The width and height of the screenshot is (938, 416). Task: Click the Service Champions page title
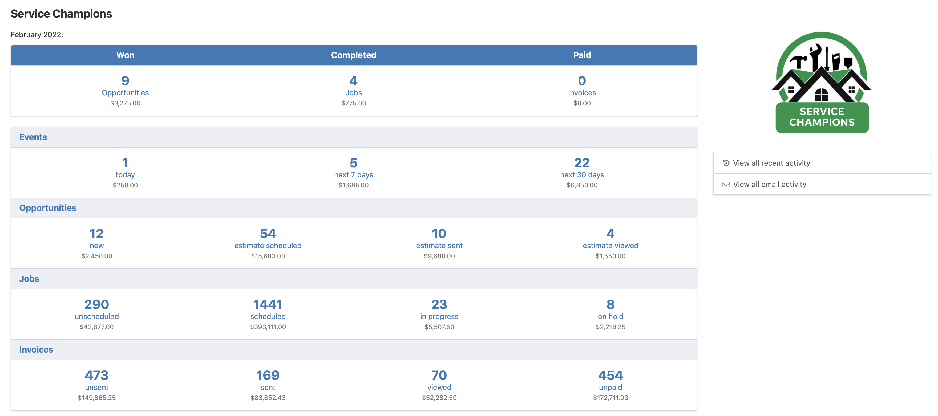61,14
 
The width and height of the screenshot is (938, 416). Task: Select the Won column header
125,55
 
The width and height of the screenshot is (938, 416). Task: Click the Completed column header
353,55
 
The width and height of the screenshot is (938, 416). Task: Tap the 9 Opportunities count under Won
125,80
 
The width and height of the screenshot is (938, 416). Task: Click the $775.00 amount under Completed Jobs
353,103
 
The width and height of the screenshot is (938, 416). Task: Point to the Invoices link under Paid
581,93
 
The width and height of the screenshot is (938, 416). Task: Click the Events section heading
33,137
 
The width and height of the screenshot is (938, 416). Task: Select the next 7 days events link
353,175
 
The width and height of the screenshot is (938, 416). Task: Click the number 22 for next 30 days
581,162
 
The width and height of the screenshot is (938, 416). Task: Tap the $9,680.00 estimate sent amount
439,256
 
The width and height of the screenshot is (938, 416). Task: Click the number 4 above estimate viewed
610,233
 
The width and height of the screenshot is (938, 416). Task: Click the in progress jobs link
439,316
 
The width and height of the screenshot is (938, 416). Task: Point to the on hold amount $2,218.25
610,327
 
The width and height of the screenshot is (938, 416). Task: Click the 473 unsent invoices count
96,375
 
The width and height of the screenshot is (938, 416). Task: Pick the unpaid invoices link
610,387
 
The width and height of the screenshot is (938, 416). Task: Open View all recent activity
771,163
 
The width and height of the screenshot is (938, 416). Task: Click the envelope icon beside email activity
726,185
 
